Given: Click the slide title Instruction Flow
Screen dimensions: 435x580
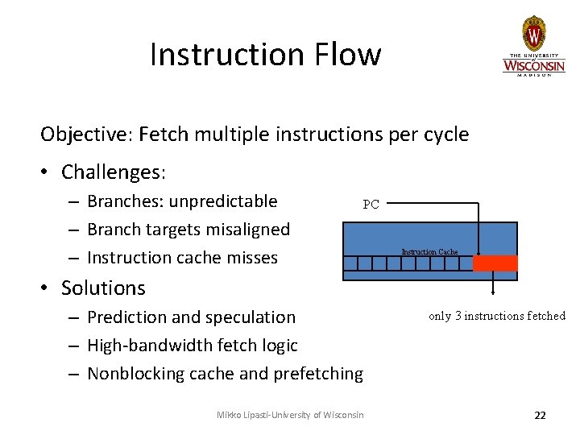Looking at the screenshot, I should click(265, 55).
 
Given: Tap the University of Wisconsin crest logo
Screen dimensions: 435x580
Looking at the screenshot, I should click(533, 34).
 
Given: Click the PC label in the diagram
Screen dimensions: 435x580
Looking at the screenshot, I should click(371, 205).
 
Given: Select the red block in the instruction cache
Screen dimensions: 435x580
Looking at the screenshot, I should click(495, 263).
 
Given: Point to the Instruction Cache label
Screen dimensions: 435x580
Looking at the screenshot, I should click(429, 252).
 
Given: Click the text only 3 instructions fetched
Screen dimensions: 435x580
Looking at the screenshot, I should click(497, 316).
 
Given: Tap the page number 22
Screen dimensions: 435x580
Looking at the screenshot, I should click(540, 415).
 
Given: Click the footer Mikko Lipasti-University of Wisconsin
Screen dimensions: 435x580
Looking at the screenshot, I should click(290, 415).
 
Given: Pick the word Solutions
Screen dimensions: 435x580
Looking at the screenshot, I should click(103, 288).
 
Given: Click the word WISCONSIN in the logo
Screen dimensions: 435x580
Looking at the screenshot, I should click(534, 64).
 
